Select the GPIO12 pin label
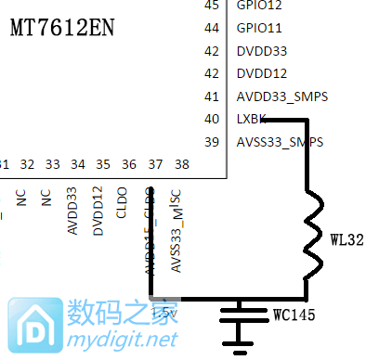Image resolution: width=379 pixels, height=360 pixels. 259,5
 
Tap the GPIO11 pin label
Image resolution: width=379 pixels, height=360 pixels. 259,28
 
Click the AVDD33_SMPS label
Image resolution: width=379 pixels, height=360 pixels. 282,96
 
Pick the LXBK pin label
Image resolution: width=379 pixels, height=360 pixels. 252,119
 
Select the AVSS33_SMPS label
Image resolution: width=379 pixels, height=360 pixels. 281,142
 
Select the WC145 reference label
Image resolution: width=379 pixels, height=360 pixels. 293,315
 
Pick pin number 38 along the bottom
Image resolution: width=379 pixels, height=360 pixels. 181,165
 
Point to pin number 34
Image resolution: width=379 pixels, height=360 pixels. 78,165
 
